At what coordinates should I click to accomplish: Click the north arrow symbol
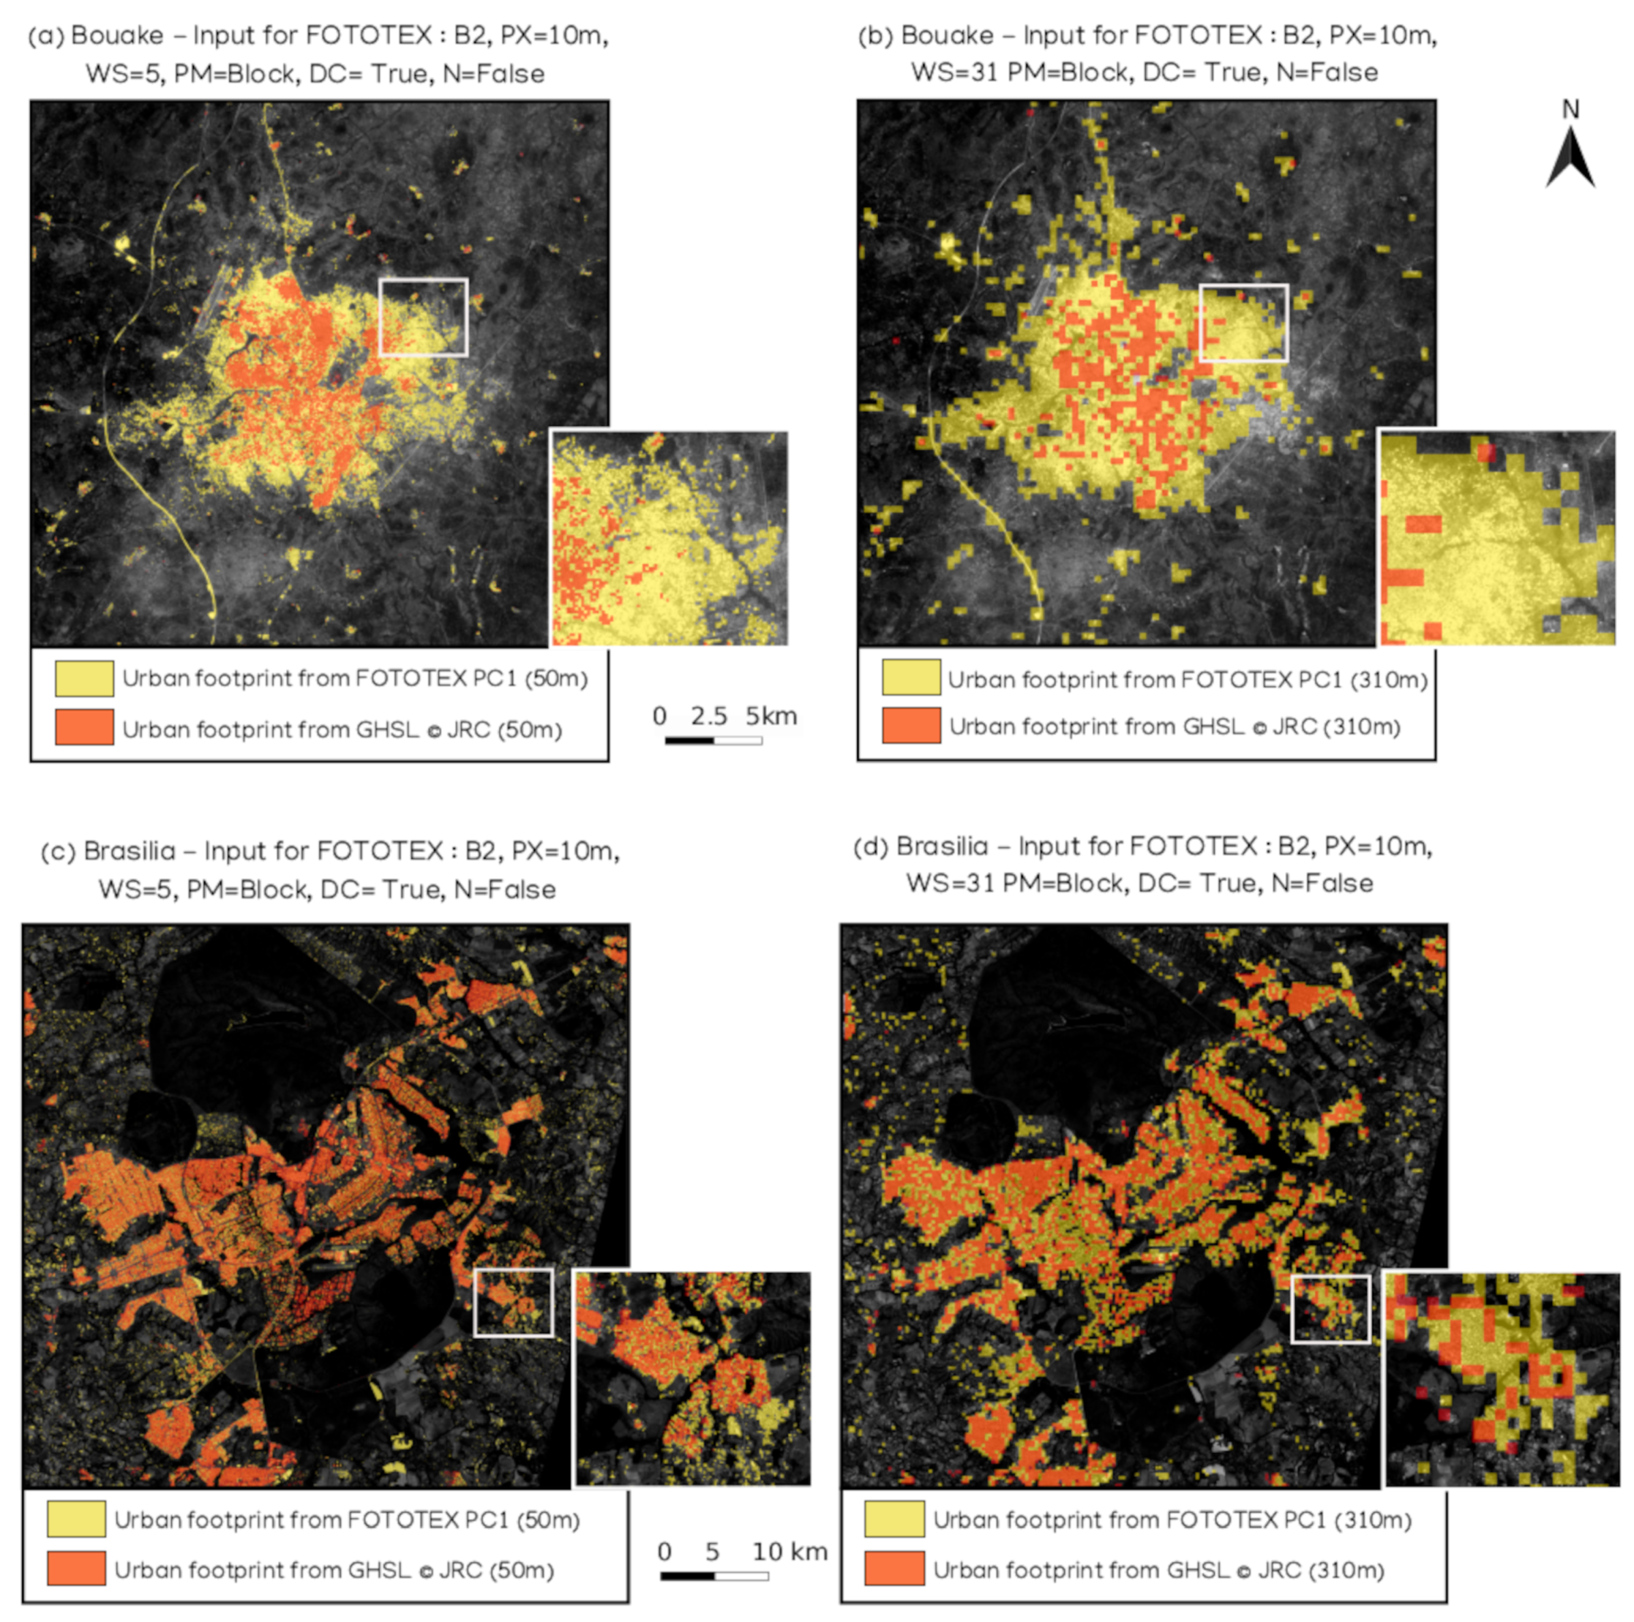coord(1570,157)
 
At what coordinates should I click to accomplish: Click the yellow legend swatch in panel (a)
coord(85,678)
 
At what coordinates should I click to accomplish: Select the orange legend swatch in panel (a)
coord(85,727)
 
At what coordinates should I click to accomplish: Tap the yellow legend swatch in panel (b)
coord(911,678)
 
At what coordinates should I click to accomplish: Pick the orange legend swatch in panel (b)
coord(911,726)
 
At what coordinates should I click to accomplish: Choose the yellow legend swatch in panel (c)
coord(76,1520)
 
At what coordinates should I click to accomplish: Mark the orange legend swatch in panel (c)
coord(76,1569)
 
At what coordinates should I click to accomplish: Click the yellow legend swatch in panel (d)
coord(894,1520)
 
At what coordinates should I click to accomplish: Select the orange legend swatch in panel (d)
coord(894,1569)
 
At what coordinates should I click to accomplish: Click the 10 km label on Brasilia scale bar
coord(789,1552)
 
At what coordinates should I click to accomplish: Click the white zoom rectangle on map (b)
coord(1243,322)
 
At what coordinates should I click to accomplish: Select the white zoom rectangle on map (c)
coord(513,1302)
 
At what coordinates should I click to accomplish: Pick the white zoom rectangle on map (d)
coord(1331,1308)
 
